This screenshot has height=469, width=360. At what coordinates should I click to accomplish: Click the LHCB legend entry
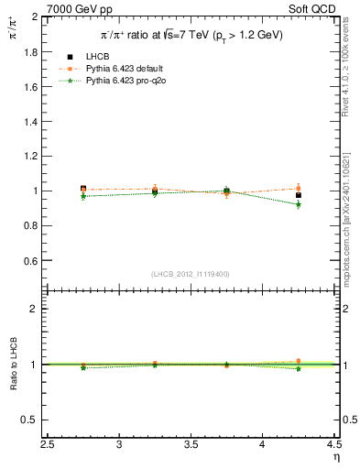point(99,57)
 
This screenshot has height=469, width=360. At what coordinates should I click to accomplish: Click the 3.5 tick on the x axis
point(191,446)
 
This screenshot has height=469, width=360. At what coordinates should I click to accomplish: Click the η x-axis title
point(335,458)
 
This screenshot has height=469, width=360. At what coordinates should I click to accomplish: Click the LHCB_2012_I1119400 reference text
point(191,274)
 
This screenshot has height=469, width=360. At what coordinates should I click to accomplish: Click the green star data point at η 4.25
point(299,205)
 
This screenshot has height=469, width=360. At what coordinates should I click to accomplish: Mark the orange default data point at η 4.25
point(299,189)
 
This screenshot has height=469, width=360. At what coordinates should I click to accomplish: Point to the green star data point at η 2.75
point(83,196)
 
